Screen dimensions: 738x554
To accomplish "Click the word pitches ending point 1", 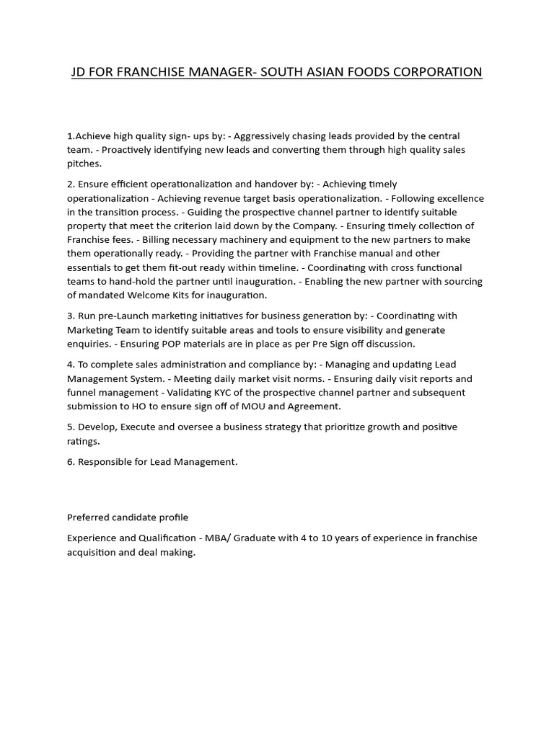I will pyautogui.click(x=84, y=164).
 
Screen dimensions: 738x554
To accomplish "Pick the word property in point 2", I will pyautogui.click(x=88, y=226).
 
